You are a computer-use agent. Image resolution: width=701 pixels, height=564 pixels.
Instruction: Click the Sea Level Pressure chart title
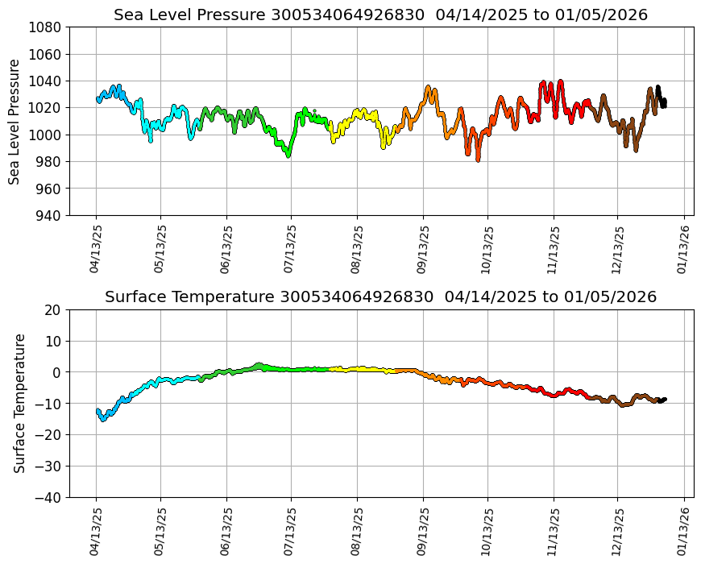click(380, 15)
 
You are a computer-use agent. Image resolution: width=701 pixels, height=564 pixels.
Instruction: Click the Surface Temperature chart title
click(380, 297)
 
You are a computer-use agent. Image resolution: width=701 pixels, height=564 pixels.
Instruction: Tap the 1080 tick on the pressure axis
click(47, 27)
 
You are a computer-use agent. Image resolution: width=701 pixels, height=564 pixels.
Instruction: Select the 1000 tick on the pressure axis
click(47, 135)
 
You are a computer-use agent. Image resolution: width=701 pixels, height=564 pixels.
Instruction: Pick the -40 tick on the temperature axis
click(50, 498)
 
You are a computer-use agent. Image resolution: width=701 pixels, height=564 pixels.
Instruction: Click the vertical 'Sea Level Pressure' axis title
click(15, 121)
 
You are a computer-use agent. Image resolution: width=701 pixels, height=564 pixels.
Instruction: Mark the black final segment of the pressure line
click(661, 97)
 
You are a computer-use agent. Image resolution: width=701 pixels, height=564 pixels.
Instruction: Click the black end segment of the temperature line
click(662, 400)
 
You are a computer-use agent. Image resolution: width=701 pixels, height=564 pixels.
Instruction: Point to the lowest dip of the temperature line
click(103, 419)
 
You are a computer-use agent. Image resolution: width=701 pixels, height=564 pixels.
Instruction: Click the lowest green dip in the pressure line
click(288, 155)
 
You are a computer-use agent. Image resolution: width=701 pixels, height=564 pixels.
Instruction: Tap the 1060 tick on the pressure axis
click(47, 54)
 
